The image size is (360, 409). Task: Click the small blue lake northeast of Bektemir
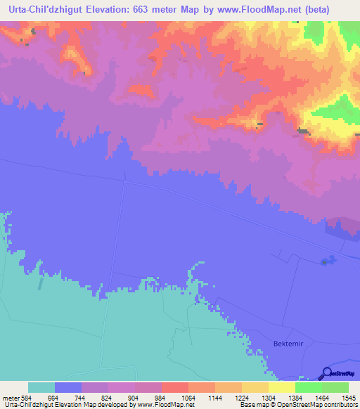click(326, 261)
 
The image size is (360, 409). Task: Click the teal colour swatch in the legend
click(41, 387)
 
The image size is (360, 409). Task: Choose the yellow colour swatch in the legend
click(282, 387)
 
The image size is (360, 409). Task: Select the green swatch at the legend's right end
click(335, 387)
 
